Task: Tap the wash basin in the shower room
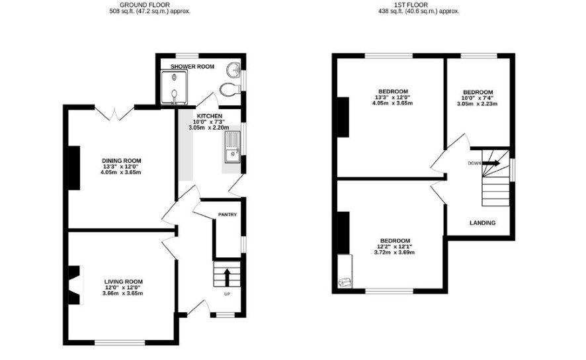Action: coord(233,69)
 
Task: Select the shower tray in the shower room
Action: coord(174,88)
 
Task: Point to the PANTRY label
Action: coord(228,214)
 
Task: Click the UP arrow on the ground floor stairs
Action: coord(227,277)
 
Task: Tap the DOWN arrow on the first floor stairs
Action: coord(491,163)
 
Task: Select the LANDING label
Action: coord(482,223)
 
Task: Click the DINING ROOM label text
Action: coord(122,161)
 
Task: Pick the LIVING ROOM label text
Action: coord(123,282)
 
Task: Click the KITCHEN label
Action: coord(210,116)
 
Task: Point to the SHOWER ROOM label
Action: coord(192,67)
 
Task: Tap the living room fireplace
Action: coord(74,285)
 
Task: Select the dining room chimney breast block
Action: coord(74,168)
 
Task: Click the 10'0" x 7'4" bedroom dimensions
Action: coord(478,99)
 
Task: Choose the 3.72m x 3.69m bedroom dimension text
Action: coord(394,252)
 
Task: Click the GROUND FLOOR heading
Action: coord(145,5)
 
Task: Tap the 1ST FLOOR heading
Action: coord(411,5)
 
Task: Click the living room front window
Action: coord(120,342)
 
